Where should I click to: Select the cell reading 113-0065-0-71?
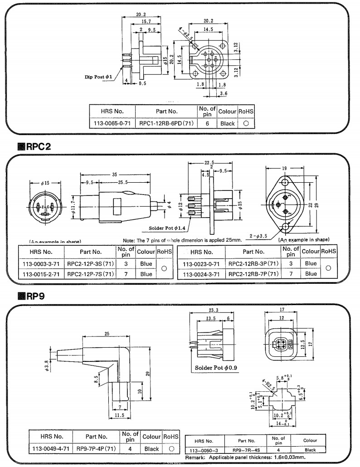(x=112, y=123)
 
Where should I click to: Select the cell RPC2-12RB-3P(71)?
(x=253, y=263)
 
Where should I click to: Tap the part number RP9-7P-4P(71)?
(x=96, y=449)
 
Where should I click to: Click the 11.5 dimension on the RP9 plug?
(x=119, y=415)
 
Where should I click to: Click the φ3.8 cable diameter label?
(x=47, y=364)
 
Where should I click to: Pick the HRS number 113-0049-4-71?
(x=44, y=449)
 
